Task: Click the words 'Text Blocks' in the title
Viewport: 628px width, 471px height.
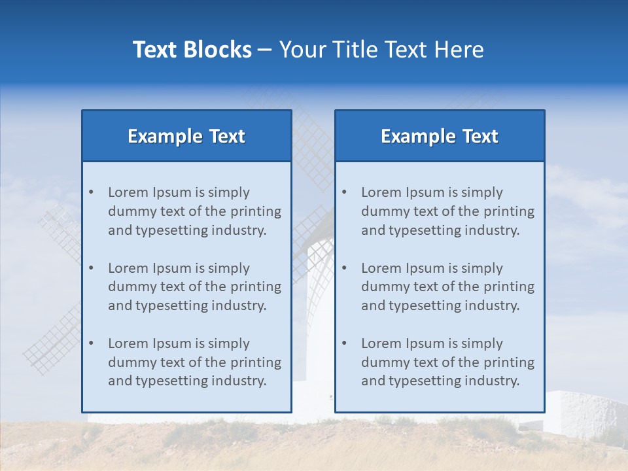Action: pyautogui.click(x=192, y=50)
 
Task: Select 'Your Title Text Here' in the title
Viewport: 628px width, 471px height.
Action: pyautogui.click(x=381, y=50)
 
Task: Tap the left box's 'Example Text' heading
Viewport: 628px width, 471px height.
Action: pyautogui.click(x=186, y=136)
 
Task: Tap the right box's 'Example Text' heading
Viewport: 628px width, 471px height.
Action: pyautogui.click(x=440, y=136)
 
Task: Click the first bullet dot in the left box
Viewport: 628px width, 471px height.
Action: pyautogui.click(x=91, y=192)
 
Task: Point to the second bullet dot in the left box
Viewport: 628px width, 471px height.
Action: pyautogui.click(x=91, y=268)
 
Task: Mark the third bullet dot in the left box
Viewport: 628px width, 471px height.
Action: pyautogui.click(x=91, y=343)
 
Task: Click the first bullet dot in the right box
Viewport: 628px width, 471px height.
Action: pyautogui.click(x=344, y=192)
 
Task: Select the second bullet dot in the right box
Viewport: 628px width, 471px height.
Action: pyautogui.click(x=344, y=268)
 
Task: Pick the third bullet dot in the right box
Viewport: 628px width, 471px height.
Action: pyautogui.click(x=344, y=343)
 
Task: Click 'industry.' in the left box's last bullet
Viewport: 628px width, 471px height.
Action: pyautogui.click(x=239, y=381)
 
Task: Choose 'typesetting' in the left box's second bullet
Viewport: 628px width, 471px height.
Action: pyautogui.click(x=167, y=305)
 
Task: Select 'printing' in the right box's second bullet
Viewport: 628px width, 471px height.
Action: pyautogui.click(x=510, y=287)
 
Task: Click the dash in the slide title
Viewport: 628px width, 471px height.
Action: pyautogui.click(x=265, y=50)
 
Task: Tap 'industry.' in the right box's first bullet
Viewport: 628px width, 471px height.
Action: pyautogui.click(x=492, y=230)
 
